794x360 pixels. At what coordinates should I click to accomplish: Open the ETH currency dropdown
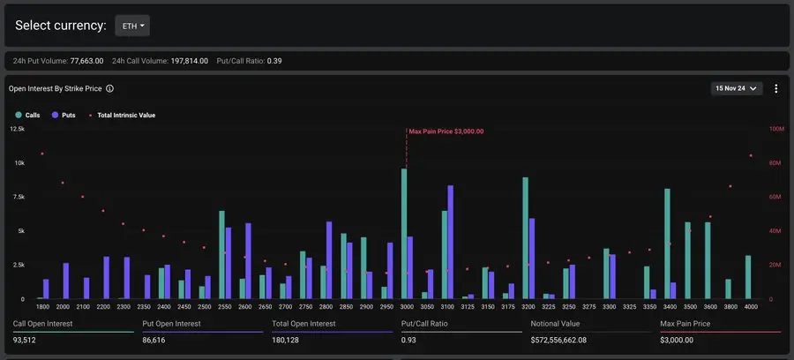pyautogui.click(x=132, y=26)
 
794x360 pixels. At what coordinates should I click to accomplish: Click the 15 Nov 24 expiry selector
pyautogui.click(x=737, y=88)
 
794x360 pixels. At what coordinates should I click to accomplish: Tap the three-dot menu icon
pyautogui.click(x=776, y=88)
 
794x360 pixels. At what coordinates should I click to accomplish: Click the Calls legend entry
pyautogui.click(x=26, y=115)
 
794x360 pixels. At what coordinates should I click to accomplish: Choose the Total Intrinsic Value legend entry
pyautogui.click(x=124, y=115)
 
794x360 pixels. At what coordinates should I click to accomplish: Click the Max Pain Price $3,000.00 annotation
pyautogui.click(x=446, y=131)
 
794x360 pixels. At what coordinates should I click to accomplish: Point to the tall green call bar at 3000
pyautogui.click(x=404, y=234)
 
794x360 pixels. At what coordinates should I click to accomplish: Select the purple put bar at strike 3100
pyautogui.click(x=451, y=242)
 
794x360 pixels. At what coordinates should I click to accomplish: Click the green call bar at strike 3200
pyautogui.click(x=525, y=238)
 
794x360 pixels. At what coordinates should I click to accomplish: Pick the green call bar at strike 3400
pyautogui.click(x=667, y=244)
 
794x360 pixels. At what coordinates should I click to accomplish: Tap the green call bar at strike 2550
pyautogui.click(x=221, y=255)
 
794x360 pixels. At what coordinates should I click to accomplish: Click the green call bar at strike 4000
pyautogui.click(x=748, y=277)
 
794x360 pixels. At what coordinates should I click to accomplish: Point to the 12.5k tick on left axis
pyautogui.click(x=17, y=129)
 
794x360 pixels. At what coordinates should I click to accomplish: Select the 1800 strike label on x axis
pyautogui.click(x=42, y=307)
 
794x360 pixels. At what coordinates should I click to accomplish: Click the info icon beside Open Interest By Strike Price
pyautogui.click(x=109, y=89)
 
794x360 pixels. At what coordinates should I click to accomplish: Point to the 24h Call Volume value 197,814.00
pyautogui.click(x=188, y=61)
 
